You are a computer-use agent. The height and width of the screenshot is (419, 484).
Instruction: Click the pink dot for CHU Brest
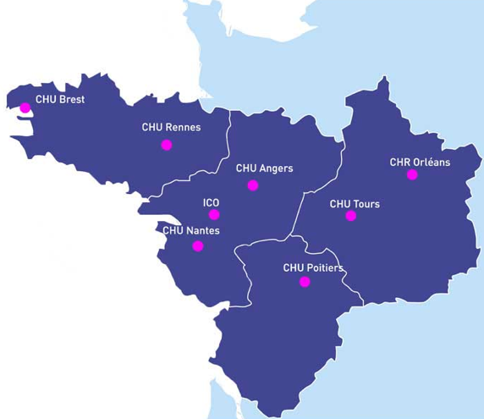pyautogui.click(x=25, y=108)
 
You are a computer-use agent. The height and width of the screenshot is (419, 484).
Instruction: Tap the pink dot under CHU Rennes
pyautogui.click(x=166, y=145)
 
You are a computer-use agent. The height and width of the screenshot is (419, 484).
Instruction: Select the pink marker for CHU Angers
pyautogui.click(x=252, y=185)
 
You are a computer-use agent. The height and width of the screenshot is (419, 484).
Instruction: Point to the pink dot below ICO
pyautogui.click(x=214, y=214)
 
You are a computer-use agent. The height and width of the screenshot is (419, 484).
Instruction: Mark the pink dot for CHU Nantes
pyautogui.click(x=198, y=246)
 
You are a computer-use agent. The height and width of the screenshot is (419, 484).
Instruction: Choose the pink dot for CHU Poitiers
pyautogui.click(x=305, y=282)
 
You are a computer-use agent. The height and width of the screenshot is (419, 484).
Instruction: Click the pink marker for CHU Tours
pyautogui.click(x=351, y=216)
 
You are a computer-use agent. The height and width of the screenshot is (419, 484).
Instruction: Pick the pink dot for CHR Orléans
pyautogui.click(x=412, y=175)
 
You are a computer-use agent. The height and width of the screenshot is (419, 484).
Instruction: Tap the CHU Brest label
pyautogui.click(x=60, y=99)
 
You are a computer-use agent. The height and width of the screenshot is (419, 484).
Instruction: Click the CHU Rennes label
pyautogui.click(x=172, y=128)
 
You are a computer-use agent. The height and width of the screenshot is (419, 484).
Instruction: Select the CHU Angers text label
pyautogui.click(x=264, y=168)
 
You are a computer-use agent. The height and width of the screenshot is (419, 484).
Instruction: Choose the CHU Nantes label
pyautogui.click(x=191, y=230)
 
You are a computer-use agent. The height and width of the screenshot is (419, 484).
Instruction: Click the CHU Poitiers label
pyautogui.click(x=312, y=267)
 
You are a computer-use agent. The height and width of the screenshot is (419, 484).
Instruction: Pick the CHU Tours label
pyautogui.click(x=355, y=204)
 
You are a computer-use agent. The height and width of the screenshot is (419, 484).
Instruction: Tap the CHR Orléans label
pyautogui.click(x=420, y=162)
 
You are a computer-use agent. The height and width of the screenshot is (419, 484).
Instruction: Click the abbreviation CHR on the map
pyautogui.click(x=399, y=162)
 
